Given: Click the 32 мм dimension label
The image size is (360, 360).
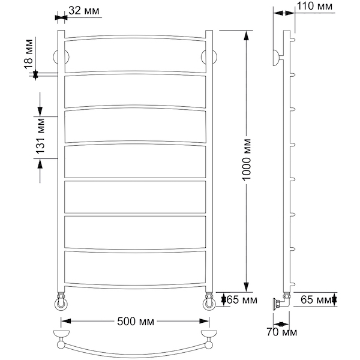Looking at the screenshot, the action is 84,10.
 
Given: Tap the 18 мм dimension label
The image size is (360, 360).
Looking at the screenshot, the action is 29,54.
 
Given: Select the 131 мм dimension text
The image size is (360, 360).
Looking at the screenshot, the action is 40,136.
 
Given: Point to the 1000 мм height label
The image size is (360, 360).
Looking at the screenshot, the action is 247,160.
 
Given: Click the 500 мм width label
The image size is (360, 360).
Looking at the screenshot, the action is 136,322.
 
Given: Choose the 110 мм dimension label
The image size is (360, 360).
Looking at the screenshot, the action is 314,6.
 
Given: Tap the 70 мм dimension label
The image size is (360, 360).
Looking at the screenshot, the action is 282,332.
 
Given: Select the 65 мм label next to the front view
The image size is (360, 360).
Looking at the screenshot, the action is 242,299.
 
